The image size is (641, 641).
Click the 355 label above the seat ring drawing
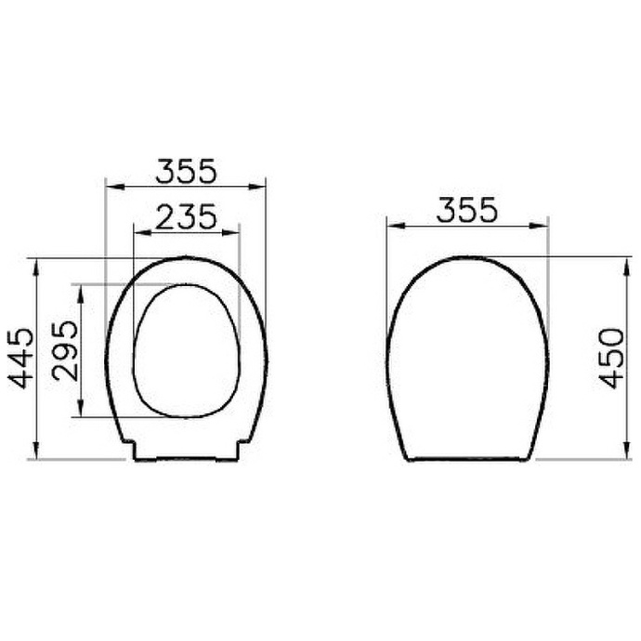click(186, 171)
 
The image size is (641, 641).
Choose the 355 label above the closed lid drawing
click(466, 210)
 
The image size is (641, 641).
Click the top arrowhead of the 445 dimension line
click(35, 263)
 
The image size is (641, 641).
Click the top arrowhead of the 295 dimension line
click(81, 289)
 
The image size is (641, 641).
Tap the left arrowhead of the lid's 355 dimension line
click(392, 225)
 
